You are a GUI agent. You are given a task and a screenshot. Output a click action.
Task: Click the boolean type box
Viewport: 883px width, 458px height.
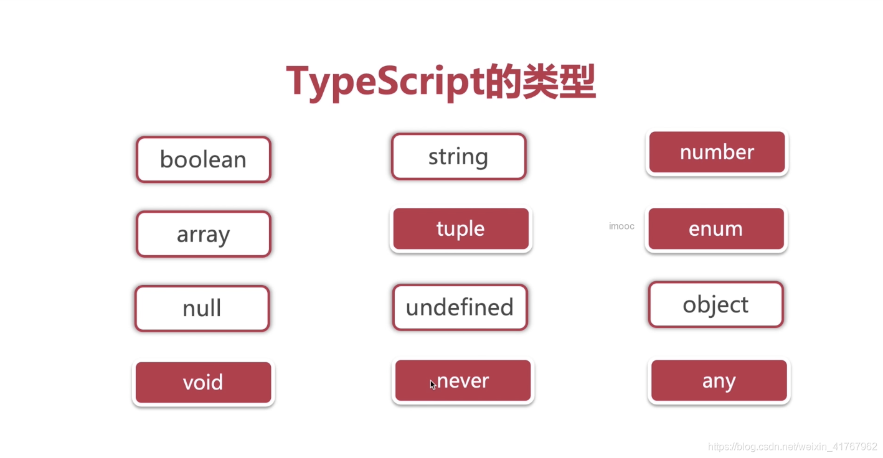[x=204, y=159]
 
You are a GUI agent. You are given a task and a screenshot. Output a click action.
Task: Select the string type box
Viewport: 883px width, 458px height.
[x=458, y=156]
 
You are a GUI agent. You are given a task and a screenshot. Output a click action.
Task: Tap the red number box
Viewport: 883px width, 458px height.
[x=717, y=152]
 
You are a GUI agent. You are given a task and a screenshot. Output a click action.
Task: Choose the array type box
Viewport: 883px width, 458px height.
[x=204, y=234]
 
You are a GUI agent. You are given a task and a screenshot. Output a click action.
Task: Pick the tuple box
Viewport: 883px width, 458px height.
[x=461, y=229]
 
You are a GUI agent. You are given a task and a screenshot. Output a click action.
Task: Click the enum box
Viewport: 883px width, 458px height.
[x=716, y=229]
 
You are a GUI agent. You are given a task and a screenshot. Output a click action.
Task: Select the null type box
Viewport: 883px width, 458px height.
[x=202, y=308]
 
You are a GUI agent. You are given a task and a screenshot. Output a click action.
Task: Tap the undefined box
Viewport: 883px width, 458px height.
[x=460, y=307]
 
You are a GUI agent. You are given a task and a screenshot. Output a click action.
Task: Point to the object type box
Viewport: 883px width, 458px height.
[x=715, y=304]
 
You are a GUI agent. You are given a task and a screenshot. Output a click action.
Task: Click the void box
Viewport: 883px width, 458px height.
[x=203, y=382]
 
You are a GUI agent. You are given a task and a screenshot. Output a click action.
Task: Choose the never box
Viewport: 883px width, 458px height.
[x=463, y=380]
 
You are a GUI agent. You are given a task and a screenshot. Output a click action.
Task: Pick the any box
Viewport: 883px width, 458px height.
[x=719, y=380]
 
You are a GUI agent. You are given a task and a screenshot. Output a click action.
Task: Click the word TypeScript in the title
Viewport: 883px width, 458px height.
[x=385, y=82]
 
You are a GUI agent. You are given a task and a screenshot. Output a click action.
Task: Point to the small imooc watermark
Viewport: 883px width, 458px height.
[x=621, y=227]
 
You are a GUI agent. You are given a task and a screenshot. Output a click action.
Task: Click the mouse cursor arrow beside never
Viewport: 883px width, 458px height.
[x=432, y=384]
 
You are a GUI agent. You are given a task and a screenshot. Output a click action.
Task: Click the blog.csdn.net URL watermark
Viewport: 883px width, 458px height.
[x=793, y=447]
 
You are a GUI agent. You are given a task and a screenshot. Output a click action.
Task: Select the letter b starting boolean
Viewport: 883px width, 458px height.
[x=166, y=159]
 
